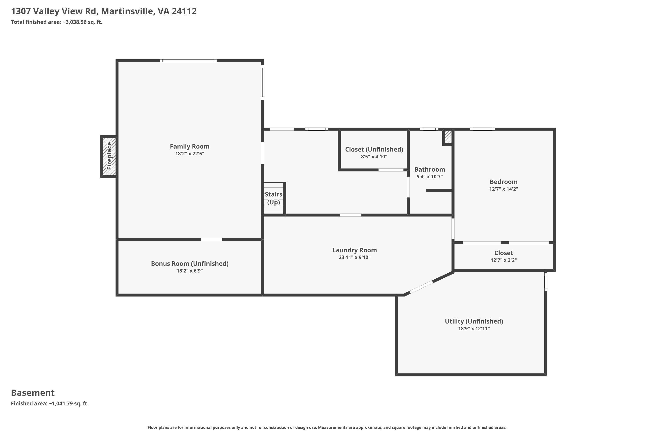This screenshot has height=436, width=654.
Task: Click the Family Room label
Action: pyautogui.click(x=190, y=146)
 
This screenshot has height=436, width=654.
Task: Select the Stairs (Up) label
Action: pyautogui.click(x=274, y=198)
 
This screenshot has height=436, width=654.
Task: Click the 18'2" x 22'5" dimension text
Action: pyautogui.click(x=190, y=154)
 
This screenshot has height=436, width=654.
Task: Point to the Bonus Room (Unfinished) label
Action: pyautogui.click(x=190, y=264)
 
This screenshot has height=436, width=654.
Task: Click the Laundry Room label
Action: pyautogui.click(x=354, y=250)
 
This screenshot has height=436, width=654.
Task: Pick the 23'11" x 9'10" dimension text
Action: pyautogui.click(x=354, y=257)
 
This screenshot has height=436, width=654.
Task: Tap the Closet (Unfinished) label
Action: pyautogui.click(x=374, y=150)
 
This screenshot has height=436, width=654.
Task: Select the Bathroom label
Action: pyautogui.click(x=430, y=170)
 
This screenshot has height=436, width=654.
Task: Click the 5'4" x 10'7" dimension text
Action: pyautogui.click(x=430, y=177)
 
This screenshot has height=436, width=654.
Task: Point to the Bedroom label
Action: pyautogui.click(x=504, y=182)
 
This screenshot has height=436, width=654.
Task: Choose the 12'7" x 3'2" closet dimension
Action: pyautogui.click(x=504, y=260)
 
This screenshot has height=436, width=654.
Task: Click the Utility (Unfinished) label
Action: pyautogui.click(x=474, y=321)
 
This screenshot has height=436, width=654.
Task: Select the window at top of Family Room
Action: pyautogui.click(x=188, y=61)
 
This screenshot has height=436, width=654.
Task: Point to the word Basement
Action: pyautogui.click(x=33, y=393)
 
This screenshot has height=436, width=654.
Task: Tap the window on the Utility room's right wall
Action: pyautogui.click(x=546, y=282)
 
